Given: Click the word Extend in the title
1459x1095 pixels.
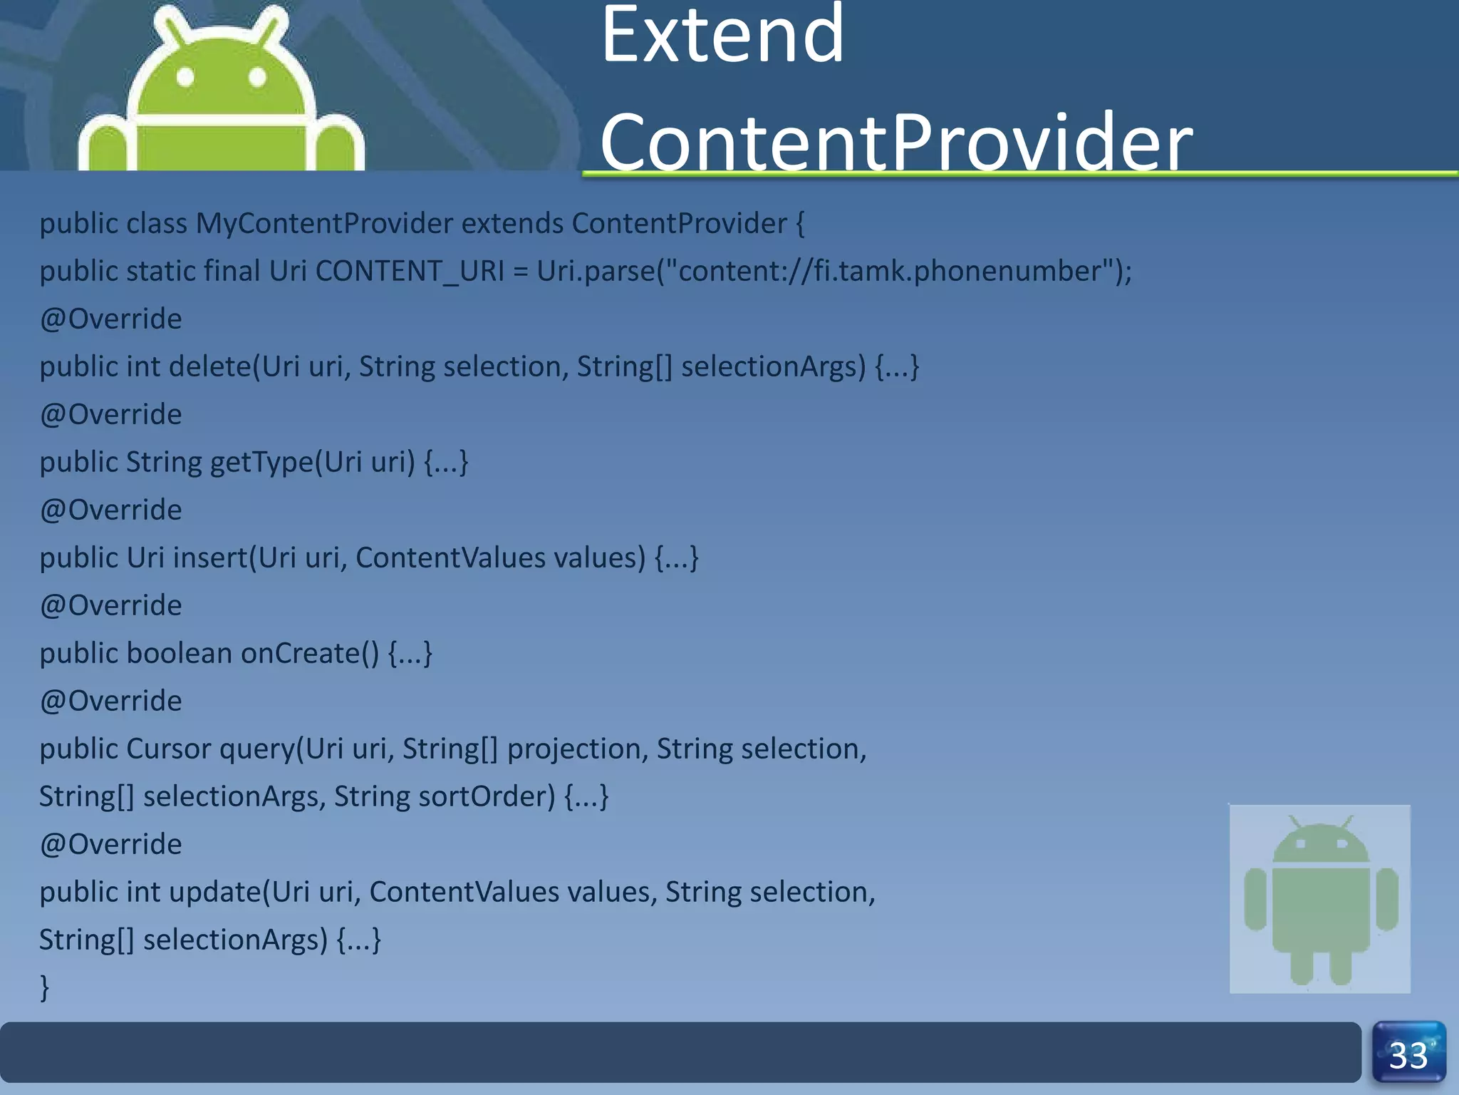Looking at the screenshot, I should (722, 36).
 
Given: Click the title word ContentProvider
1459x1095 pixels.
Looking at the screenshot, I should (895, 143).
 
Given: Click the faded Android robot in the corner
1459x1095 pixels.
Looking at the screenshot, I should (1320, 898).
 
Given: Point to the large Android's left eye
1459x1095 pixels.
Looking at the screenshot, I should (185, 77).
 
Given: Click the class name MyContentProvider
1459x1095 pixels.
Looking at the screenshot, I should (324, 224).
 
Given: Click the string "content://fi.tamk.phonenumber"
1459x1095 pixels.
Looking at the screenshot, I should (891, 272).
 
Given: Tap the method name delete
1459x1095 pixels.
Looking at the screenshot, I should (210, 367).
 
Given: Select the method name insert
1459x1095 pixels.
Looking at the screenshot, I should (209, 558).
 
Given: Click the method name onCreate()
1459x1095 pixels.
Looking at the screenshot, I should (310, 654).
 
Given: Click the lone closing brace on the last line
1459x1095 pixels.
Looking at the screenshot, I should (44, 988).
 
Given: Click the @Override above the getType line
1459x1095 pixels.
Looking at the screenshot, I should (110, 415).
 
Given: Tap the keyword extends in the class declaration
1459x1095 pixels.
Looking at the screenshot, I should (512, 224).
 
